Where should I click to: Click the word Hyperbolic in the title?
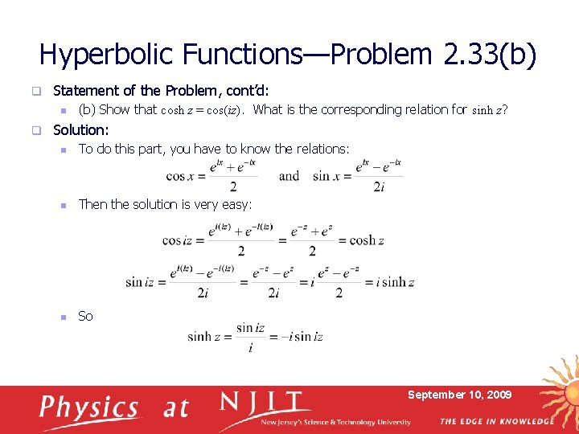point(108,54)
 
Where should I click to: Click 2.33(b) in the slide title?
point(490,54)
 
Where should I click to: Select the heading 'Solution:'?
point(80,129)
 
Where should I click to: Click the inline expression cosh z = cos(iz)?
point(203,110)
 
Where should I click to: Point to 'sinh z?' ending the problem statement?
point(489,110)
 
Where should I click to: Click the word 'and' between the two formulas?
point(289,176)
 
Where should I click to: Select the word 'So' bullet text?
point(85,316)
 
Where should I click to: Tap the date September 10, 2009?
point(459,395)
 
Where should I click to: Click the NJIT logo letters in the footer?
point(265,402)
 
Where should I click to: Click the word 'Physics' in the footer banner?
point(88,407)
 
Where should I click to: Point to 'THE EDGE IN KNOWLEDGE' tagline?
point(497,421)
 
